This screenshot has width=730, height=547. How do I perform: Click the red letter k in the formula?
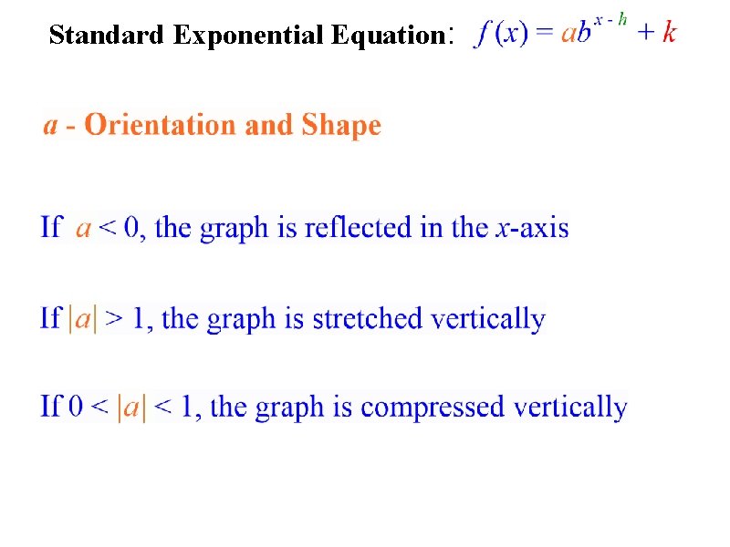(669, 33)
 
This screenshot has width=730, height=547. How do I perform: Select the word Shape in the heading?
(341, 126)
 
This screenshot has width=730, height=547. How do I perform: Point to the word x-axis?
(532, 226)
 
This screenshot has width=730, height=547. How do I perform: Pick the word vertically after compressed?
(571, 407)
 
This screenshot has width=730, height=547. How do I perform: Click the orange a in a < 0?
(83, 227)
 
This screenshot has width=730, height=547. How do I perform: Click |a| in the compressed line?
(131, 407)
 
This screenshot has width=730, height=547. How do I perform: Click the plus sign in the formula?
(644, 34)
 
